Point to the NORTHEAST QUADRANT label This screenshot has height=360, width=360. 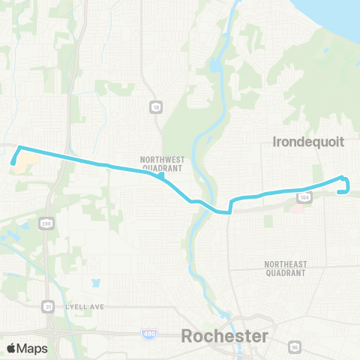tap(286, 268)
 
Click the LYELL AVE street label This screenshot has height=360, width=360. tap(85, 307)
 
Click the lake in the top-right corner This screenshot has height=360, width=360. tap(342, 15)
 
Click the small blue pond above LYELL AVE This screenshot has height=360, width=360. tap(94, 283)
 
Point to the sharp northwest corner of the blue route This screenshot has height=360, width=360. tap(19, 147)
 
